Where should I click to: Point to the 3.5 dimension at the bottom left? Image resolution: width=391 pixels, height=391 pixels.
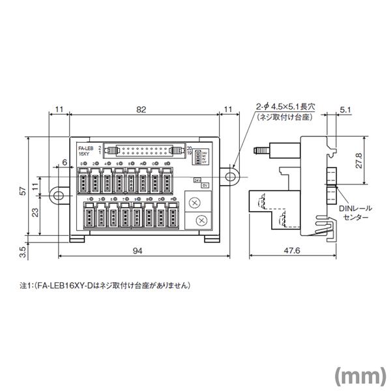tap(22, 249)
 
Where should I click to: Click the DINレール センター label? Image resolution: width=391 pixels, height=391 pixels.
tap(355, 211)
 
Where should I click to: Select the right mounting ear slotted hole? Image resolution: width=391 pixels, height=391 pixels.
tap(231, 175)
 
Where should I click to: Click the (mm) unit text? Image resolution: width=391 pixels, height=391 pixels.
tap(360, 375)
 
